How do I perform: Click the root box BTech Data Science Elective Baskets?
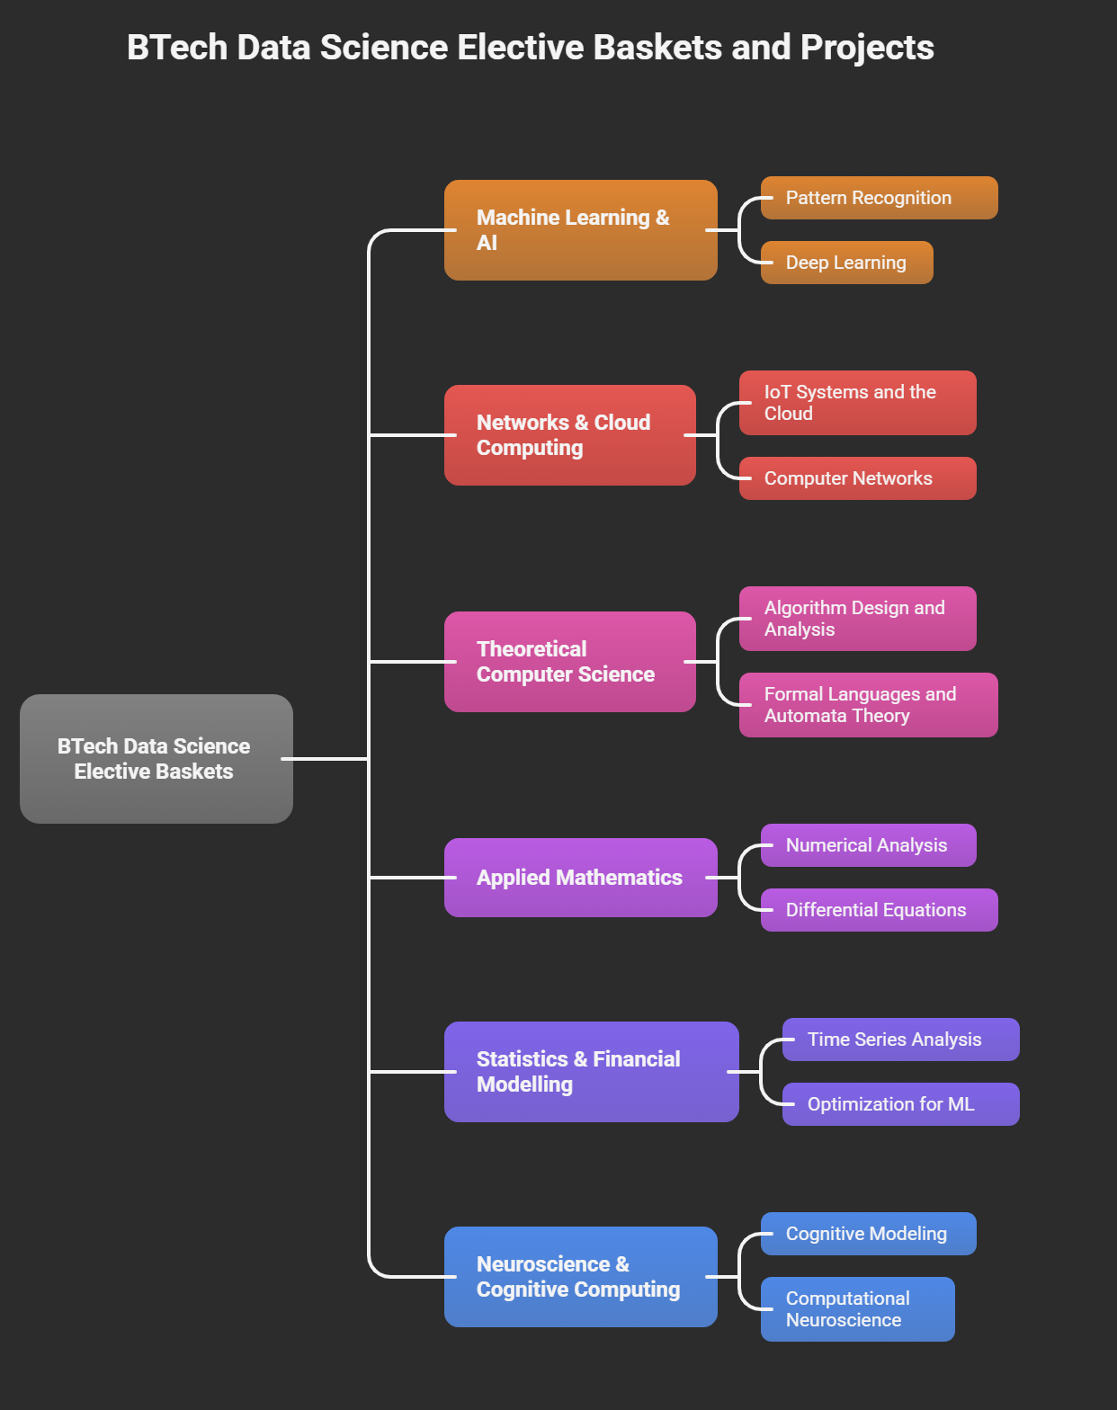click(156, 758)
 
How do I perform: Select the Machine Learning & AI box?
click(580, 230)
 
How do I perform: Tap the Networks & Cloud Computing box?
click(569, 435)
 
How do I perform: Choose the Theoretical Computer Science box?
click(569, 662)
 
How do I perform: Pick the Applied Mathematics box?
click(580, 878)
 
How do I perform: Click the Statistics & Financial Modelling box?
click(591, 1072)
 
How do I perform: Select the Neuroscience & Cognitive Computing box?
click(580, 1277)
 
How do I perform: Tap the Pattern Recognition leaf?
click(879, 198)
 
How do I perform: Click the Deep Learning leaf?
click(846, 263)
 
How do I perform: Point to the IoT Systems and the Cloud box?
click(857, 403)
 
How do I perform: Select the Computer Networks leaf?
click(857, 478)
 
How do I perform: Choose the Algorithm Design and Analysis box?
click(857, 619)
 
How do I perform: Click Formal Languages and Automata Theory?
click(868, 705)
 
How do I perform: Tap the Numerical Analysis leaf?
click(868, 845)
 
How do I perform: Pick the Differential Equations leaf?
click(879, 910)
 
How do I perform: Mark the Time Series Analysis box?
click(900, 1040)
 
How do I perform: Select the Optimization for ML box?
click(900, 1104)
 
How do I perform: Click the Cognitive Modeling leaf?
click(868, 1234)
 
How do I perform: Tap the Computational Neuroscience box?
click(857, 1309)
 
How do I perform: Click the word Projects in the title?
click(867, 49)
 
